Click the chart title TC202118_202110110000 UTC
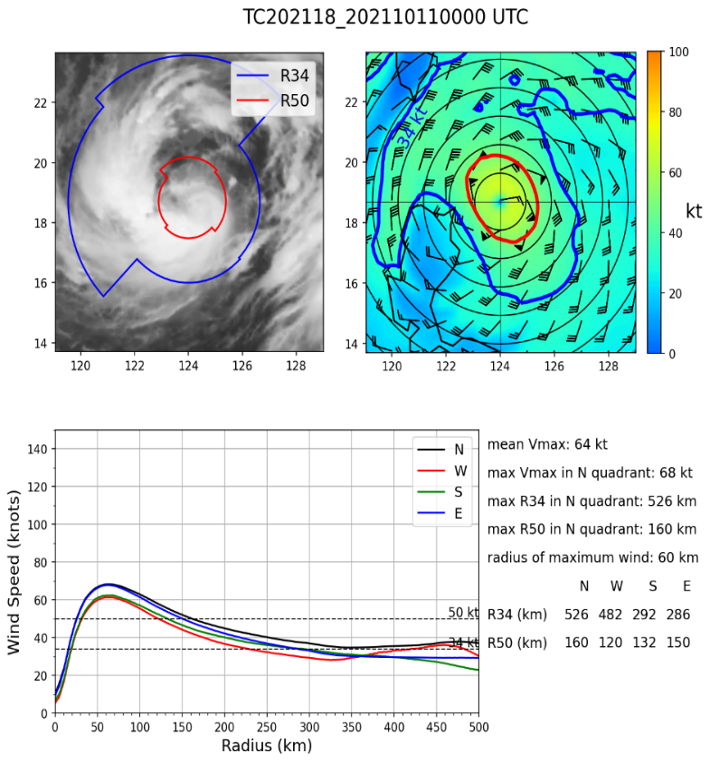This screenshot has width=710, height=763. click(x=385, y=17)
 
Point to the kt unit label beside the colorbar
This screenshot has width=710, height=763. click(x=695, y=210)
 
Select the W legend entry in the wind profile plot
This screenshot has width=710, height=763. click(x=459, y=470)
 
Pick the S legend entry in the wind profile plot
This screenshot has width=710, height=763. click(x=459, y=491)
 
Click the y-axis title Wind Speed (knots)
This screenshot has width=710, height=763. click(x=15, y=580)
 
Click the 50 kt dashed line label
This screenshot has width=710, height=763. click(x=462, y=613)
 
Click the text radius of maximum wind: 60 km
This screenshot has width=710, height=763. click(x=592, y=558)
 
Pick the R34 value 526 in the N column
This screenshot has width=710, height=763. click(x=576, y=615)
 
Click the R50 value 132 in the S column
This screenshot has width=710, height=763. click(x=650, y=643)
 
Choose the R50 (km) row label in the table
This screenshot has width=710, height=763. click(x=517, y=643)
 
